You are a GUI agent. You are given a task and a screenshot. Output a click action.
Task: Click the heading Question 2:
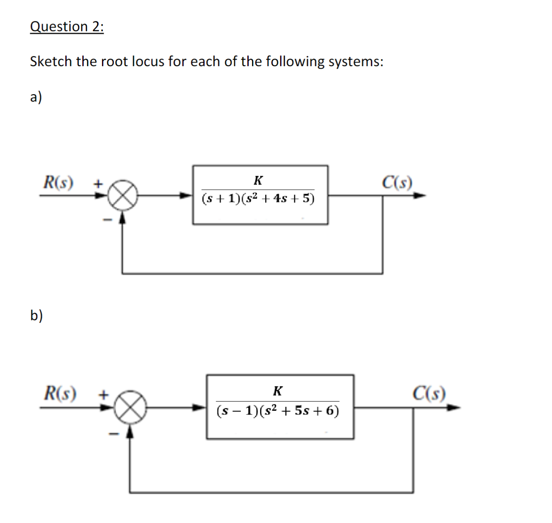[x=67, y=27]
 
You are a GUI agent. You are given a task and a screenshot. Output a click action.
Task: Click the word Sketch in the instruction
[x=51, y=61]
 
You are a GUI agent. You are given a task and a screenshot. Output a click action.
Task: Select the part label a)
[x=36, y=97]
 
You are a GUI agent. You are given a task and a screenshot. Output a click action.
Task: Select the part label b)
[x=36, y=315]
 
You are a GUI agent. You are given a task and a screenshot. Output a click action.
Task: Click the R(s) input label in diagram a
[x=58, y=182]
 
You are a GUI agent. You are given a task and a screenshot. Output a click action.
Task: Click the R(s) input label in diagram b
[x=60, y=393]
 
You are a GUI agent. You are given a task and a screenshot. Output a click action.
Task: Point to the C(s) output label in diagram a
[x=397, y=182]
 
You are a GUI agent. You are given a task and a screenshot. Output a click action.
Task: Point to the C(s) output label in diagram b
[x=429, y=393]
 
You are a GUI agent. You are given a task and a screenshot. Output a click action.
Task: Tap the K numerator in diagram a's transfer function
[x=258, y=180]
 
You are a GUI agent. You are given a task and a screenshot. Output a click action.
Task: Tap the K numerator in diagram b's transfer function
[x=278, y=390]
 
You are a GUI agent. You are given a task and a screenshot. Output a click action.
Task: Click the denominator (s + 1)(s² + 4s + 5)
[x=258, y=199]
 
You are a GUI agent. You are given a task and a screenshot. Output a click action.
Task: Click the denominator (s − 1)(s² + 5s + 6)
[x=278, y=411]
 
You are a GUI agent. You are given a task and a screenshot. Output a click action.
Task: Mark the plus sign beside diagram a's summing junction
[x=98, y=183]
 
